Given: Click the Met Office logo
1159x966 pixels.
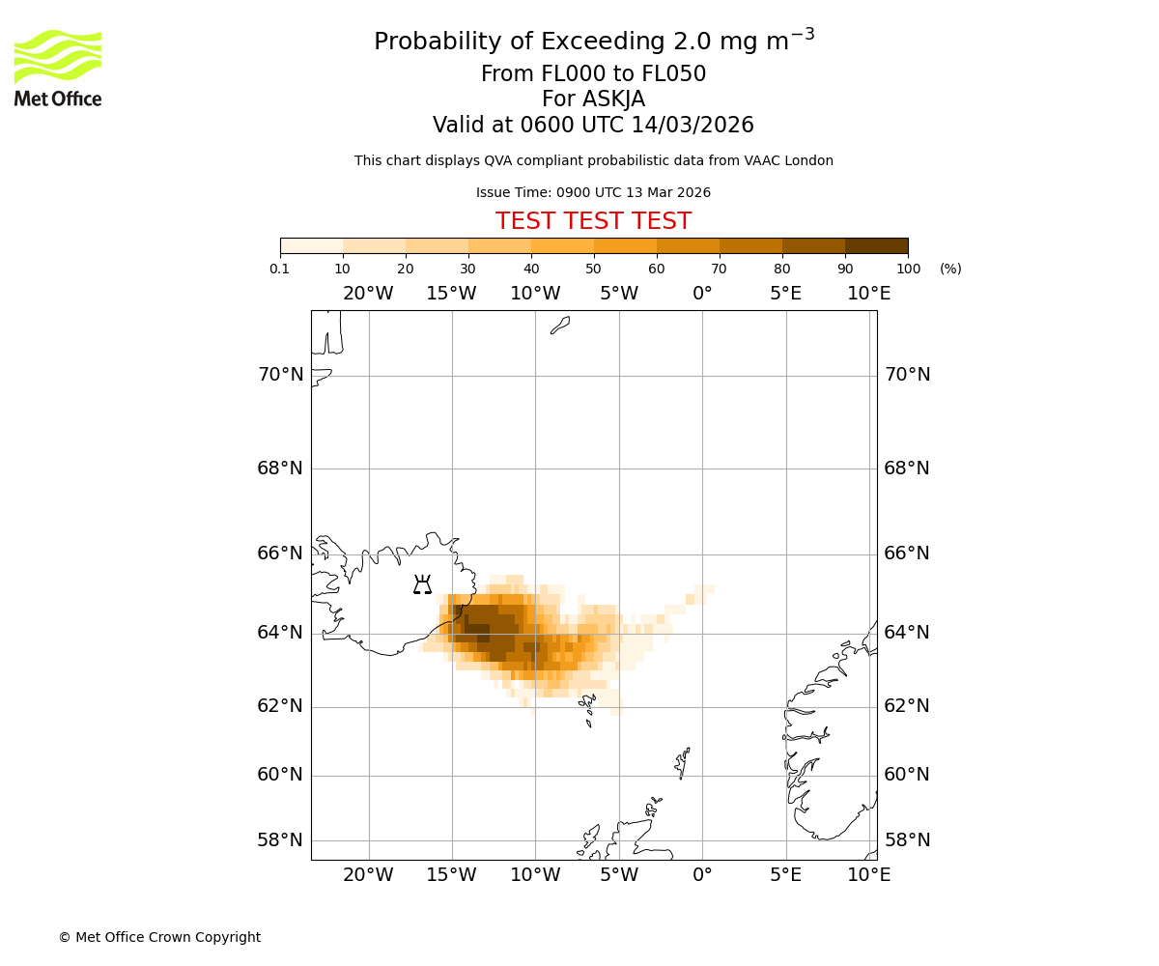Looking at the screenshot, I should [58, 68].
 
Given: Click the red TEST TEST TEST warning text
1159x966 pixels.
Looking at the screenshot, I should [593, 221].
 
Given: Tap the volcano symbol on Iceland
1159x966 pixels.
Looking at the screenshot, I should [422, 584].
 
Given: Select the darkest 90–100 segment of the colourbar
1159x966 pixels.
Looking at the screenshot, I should [876, 245].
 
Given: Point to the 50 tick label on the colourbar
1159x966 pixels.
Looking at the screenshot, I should [593, 269].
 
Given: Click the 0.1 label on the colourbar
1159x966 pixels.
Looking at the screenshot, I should [280, 269].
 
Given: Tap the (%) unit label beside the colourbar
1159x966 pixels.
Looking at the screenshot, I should [950, 269].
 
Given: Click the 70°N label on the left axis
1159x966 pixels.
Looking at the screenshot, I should [280, 375].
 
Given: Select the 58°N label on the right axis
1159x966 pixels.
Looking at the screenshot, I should [907, 840].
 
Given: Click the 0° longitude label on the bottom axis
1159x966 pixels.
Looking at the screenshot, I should [702, 875].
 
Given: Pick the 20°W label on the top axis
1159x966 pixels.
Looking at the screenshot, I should [368, 294].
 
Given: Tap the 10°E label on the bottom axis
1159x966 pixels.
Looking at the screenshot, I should [868, 875].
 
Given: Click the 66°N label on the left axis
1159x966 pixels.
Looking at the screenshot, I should [280, 554].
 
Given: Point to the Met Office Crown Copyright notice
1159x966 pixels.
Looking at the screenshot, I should [159, 937].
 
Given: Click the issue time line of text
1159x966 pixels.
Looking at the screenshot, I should [593, 193].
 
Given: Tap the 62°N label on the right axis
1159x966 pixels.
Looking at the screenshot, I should [907, 706].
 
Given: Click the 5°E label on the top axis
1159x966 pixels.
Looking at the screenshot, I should [785, 294].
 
